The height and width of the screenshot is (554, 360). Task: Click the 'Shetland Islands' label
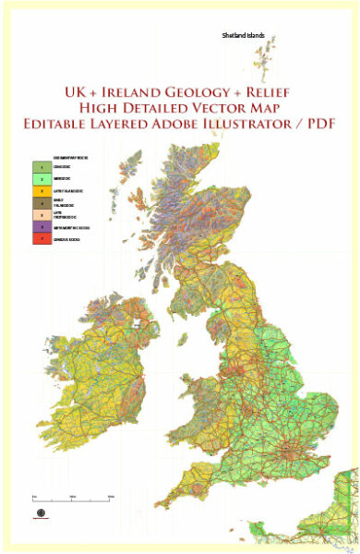[243, 35]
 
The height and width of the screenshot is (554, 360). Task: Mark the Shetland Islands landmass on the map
[261, 65]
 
